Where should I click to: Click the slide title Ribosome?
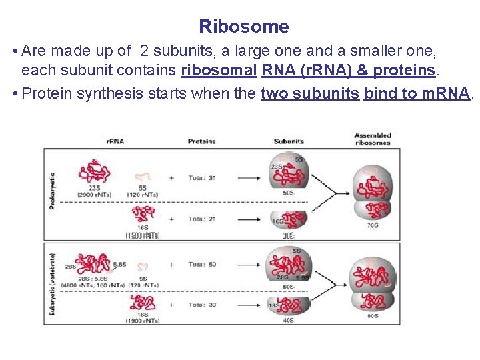pos(244,27)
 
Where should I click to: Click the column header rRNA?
pos(115,141)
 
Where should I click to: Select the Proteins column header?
pos(201,141)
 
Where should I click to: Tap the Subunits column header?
pos(289,141)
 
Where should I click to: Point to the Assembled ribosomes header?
pos(373,139)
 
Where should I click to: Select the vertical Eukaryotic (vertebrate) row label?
pos(52,283)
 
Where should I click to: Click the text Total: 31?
pos(202,178)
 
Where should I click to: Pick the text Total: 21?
pos(202,219)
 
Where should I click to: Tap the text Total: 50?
pos(202,264)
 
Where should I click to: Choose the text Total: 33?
pos(202,305)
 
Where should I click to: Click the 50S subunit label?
pos(289,193)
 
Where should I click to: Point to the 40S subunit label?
pos(289,320)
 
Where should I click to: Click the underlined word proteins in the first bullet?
pos(403,70)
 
